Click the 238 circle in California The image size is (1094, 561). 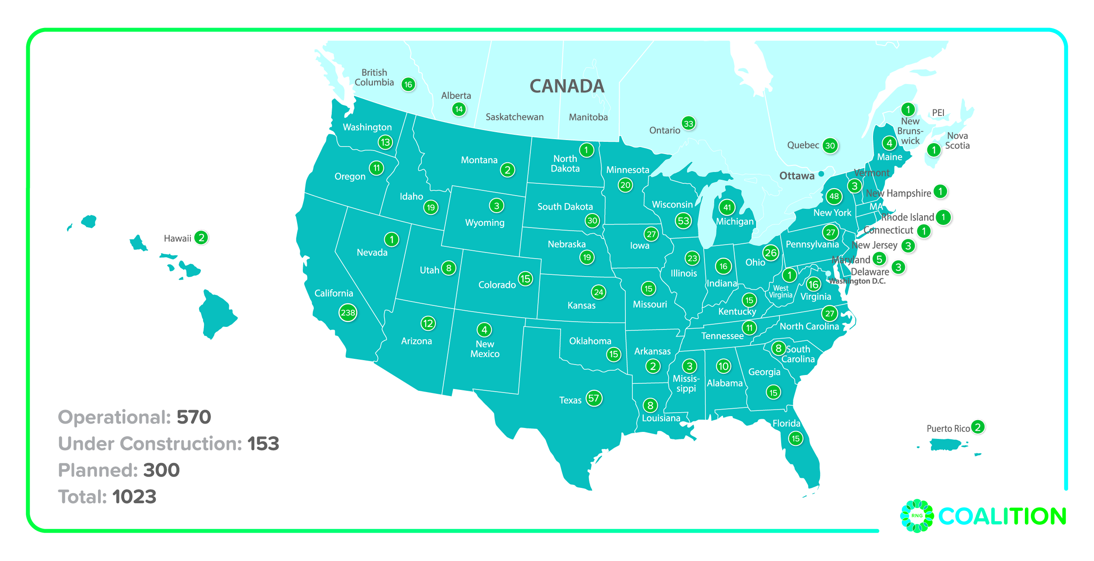tap(348, 312)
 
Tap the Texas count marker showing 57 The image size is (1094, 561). tap(594, 398)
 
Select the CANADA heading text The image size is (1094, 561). tap(567, 86)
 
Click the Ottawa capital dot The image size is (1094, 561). tap(821, 174)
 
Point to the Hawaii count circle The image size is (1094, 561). tap(201, 238)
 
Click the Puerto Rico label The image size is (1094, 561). tap(948, 428)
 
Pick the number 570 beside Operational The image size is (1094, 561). tap(194, 417)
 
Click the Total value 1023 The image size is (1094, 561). tap(134, 497)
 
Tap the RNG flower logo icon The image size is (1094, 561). tap(917, 515)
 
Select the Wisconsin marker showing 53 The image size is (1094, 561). tap(683, 221)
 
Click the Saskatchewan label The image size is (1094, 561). tap(515, 117)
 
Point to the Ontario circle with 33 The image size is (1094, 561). tap(688, 123)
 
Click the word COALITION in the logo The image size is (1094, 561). tap(1002, 516)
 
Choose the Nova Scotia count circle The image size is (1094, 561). tap(933, 150)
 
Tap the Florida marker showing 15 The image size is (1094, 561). tap(796, 438)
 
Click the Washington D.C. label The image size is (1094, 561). tap(857, 281)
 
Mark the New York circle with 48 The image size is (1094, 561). tap(834, 196)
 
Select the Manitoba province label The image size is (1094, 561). tap(588, 117)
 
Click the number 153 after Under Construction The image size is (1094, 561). tap(263, 444)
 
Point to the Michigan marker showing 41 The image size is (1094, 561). tap(727, 207)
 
